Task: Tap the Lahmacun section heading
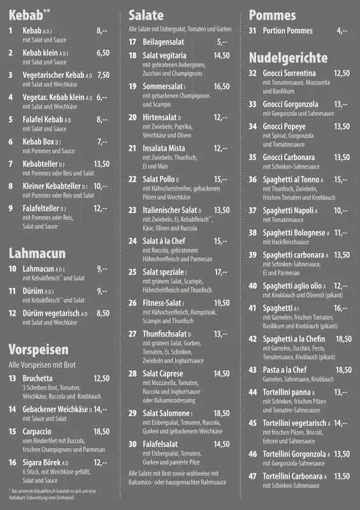coord(37,253)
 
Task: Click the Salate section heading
coord(146,15)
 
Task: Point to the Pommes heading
coord(272,15)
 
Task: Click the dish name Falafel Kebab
coord(42,119)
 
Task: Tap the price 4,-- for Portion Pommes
coord(342,31)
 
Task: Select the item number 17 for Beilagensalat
coord(133,42)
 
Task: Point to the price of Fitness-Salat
coord(222,303)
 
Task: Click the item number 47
coord(252,476)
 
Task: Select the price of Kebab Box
coord(102,142)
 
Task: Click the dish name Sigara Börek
coord(41,462)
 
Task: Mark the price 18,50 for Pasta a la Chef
coord(343,370)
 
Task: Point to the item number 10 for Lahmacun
coord(12,268)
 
